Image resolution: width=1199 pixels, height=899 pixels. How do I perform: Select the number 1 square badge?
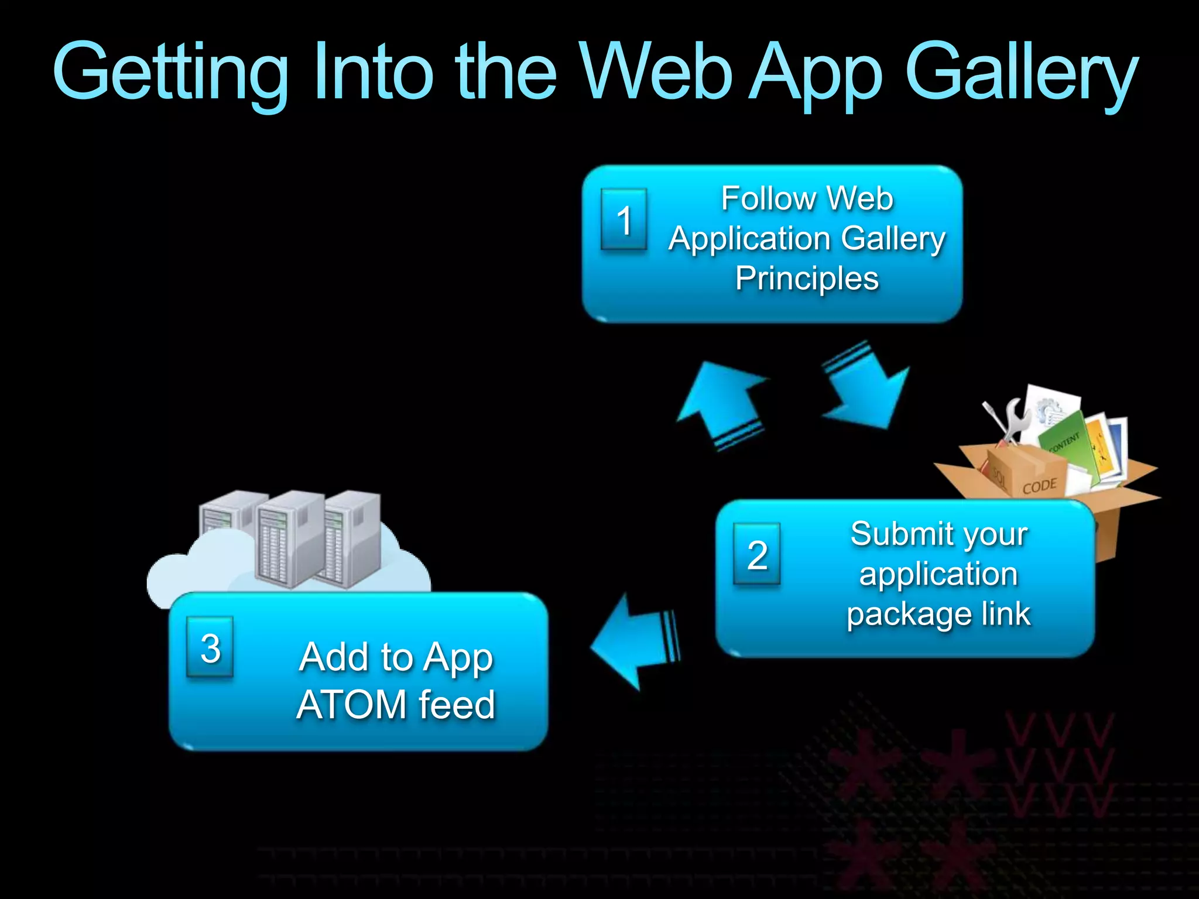click(624, 219)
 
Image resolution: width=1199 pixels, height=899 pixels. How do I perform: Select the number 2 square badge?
click(757, 554)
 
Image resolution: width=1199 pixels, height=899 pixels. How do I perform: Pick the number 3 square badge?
click(210, 647)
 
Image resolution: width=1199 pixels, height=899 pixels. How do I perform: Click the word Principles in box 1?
click(807, 279)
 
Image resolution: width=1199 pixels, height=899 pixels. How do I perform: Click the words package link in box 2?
click(938, 614)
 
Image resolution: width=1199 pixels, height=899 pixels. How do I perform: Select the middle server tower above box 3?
click(290, 538)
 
